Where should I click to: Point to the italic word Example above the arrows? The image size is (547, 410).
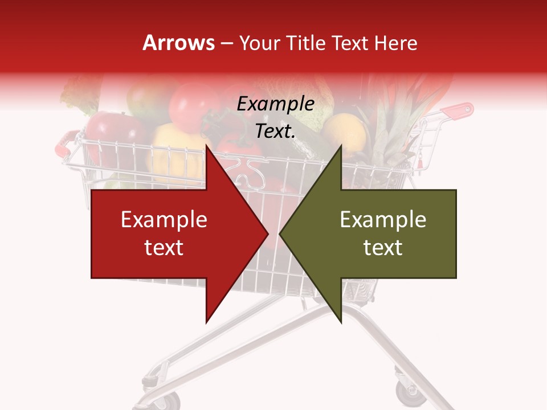275,104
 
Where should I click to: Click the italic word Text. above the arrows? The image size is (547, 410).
275,132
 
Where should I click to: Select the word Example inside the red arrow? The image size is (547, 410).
164,219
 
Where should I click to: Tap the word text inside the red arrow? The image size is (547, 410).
164,247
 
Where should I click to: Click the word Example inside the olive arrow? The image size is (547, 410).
383,219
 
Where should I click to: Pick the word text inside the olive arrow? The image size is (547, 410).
383,247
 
